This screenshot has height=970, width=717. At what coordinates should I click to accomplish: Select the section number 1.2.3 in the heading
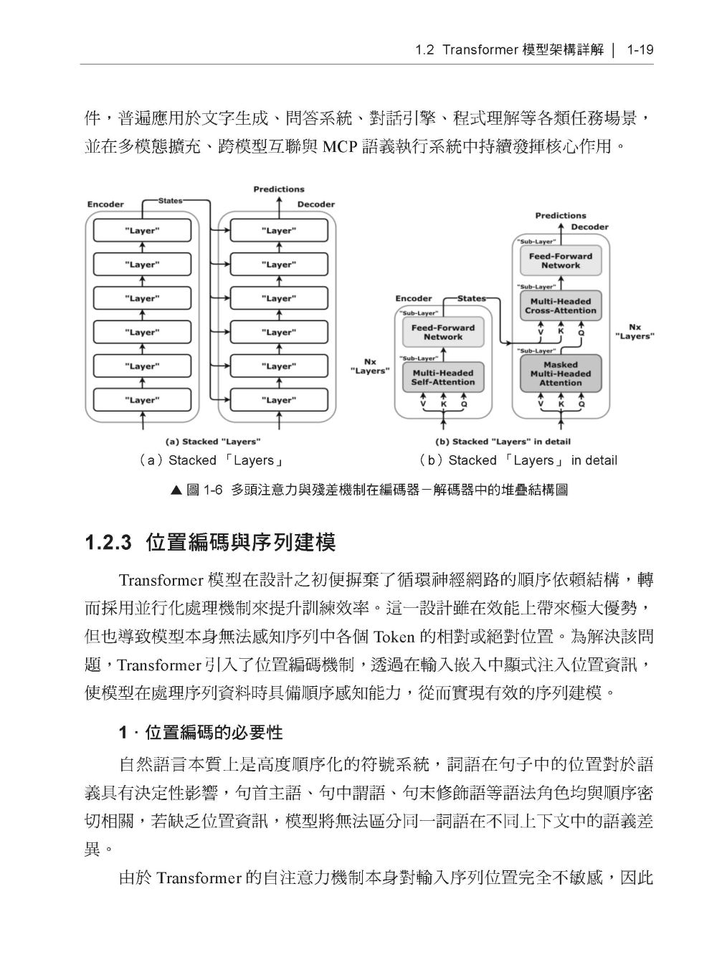[109, 542]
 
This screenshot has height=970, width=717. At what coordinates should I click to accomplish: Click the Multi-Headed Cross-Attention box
[560, 306]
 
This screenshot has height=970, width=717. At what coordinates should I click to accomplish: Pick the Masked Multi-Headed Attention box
[560, 374]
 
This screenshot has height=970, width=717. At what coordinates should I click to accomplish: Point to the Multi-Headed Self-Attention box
[442, 378]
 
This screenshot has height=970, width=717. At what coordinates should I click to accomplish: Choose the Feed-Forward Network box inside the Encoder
[442, 332]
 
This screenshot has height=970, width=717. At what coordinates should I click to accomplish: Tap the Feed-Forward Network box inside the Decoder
[560, 260]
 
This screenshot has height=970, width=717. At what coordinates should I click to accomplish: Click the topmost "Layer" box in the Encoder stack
[142, 231]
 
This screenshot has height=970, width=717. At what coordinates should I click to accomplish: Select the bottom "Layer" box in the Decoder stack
[278, 400]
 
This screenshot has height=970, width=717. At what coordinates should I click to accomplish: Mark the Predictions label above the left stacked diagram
[278, 189]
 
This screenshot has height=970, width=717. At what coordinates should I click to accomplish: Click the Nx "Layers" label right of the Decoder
[635, 331]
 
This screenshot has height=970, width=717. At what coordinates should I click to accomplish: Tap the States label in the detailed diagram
[471, 298]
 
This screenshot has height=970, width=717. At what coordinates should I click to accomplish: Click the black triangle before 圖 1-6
[177, 490]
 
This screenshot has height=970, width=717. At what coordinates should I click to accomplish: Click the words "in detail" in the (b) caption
[594, 460]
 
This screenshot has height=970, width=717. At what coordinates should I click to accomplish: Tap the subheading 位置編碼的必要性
[214, 733]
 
